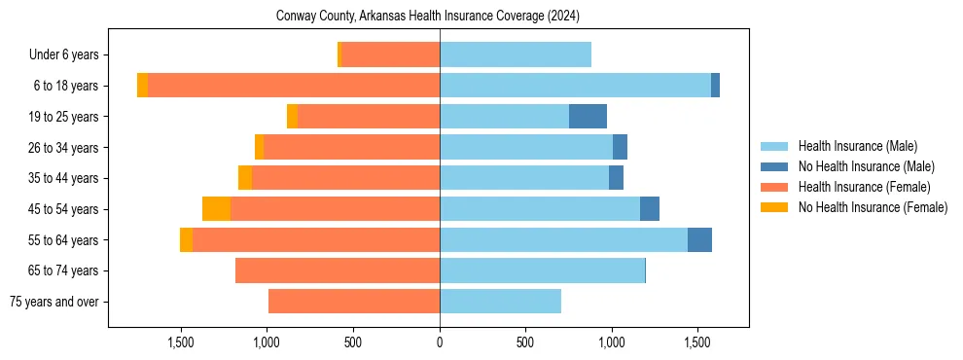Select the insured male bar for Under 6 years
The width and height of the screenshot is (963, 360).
[x=516, y=54]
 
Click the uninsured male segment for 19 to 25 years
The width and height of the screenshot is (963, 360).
[x=588, y=117]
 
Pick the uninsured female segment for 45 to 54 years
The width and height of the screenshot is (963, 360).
[x=216, y=209]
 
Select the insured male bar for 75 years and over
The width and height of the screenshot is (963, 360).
[x=500, y=302]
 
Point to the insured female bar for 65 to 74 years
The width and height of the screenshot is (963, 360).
[x=338, y=270]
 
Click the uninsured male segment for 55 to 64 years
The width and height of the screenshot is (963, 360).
[x=699, y=240]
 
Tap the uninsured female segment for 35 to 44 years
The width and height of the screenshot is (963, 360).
[x=245, y=178]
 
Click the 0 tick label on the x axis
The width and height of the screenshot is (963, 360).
[x=440, y=342]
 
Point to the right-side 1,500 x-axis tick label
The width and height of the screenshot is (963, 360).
[x=697, y=342]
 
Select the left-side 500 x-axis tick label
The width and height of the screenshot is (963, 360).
[x=353, y=342]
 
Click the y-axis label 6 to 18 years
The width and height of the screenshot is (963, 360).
[x=65, y=86]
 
